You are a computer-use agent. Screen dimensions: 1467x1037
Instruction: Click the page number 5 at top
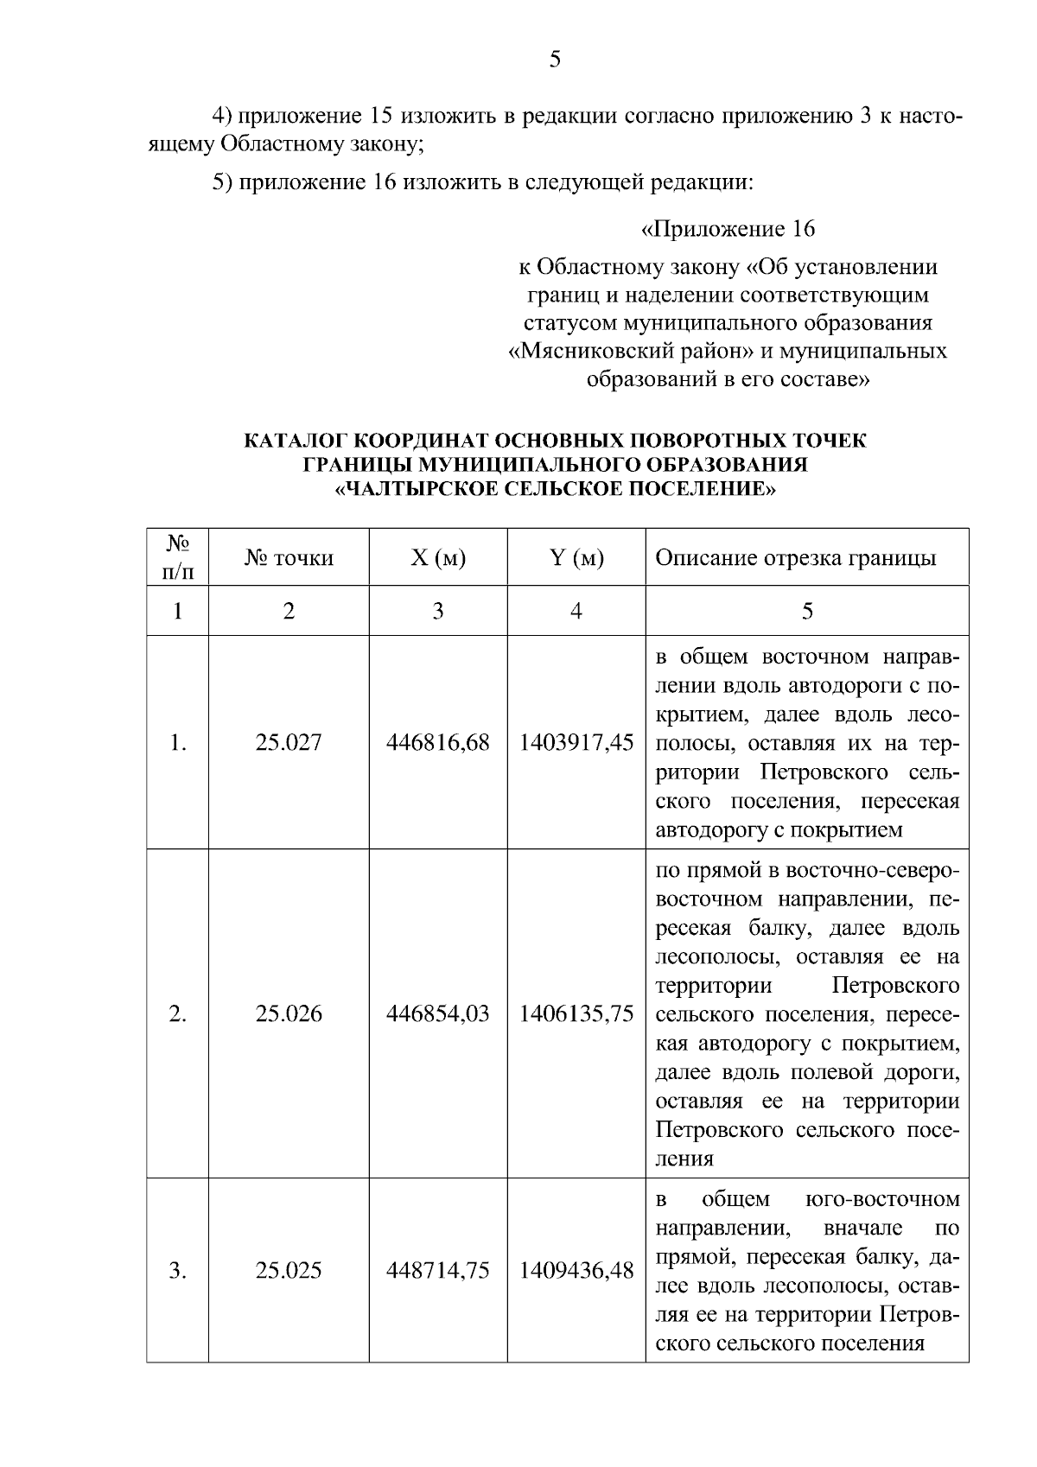click(x=555, y=60)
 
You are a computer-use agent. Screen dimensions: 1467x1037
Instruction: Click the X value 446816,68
click(x=438, y=742)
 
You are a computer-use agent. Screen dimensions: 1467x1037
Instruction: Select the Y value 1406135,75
click(x=576, y=1013)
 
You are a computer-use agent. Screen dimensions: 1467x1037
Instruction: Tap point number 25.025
click(x=289, y=1270)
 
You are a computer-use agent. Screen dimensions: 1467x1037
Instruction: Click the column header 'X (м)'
click(x=438, y=558)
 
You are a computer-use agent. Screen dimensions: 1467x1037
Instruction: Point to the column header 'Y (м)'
click(x=576, y=558)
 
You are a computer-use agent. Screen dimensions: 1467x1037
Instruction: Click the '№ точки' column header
click(x=289, y=558)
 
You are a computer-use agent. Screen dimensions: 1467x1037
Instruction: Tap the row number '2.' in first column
click(x=177, y=1013)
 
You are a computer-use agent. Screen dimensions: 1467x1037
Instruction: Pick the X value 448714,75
click(x=438, y=1270)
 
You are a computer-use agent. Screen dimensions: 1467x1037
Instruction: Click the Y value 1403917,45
click(x=576, y=742)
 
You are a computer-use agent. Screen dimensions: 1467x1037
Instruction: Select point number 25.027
click(x=289, y=742)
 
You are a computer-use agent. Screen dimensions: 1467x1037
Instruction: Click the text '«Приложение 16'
click(x=727, y=230)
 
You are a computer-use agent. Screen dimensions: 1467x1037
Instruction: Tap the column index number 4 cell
click(x=576, y=612)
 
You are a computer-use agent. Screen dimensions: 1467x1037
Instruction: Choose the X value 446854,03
click(x=438, y=1013)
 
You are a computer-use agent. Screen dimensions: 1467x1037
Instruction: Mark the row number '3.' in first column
click(x=177, y=1270)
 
